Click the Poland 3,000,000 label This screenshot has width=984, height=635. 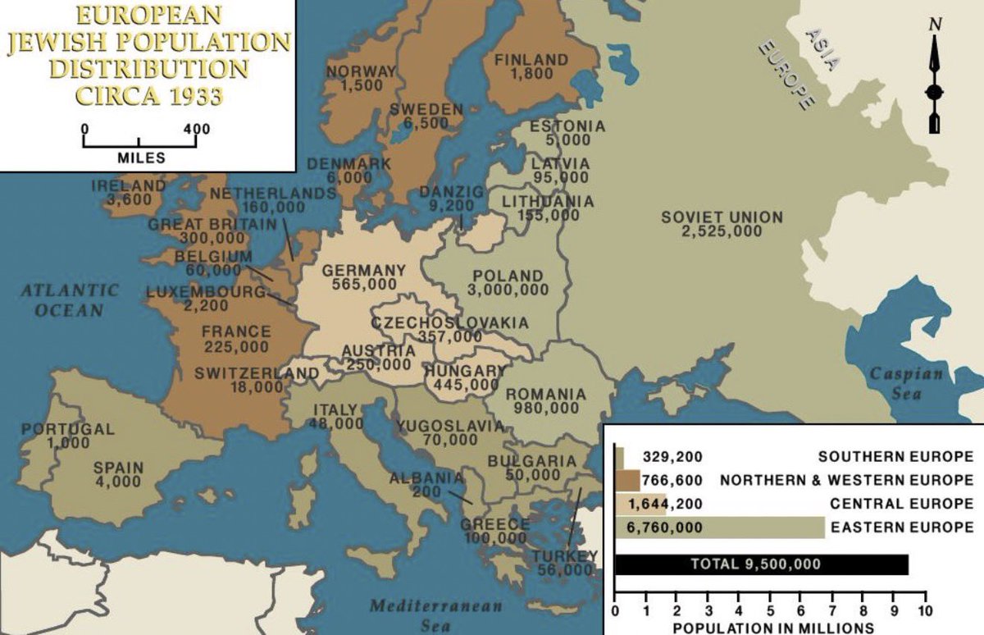(x=508, y=282)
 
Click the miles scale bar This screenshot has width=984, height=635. (x=139, y=142)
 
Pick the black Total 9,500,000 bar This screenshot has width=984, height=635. (x=761, y=564)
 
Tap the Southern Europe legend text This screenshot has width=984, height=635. (x=895, y=457)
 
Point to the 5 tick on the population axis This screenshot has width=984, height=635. (x=770, y=610)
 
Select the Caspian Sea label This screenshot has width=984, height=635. (x=906, y=383)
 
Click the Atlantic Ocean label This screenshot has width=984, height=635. (x=70, y=300)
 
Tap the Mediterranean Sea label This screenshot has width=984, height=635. (x=435, y=615)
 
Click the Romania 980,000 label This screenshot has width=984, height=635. (x=545, y=400)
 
